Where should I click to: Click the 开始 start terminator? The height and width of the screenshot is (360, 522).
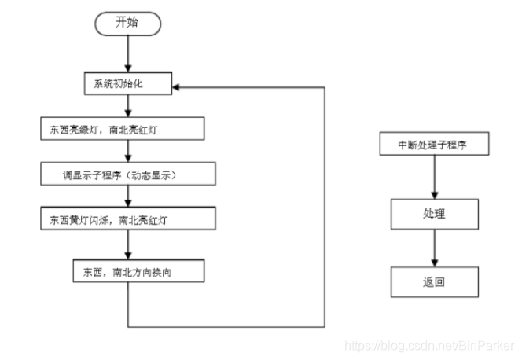click(128, 24)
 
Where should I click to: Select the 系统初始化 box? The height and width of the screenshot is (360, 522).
click(128, 83)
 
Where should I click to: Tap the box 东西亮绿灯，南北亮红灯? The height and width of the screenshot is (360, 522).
click(123, 128)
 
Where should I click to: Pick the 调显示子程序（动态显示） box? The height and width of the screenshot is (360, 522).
click(128, 174)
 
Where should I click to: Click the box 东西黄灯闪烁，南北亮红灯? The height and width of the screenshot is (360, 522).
click(128, 219)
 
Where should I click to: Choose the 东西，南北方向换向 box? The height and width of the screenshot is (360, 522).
click(139, 271)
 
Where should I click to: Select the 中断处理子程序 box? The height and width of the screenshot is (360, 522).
click(435, 144)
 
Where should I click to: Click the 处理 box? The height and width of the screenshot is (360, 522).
click(435, 215)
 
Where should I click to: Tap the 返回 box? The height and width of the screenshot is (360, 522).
click(435, 282)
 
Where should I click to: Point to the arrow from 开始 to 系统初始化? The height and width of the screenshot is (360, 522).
click(128, 53)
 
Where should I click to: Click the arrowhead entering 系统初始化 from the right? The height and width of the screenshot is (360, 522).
click(176, 87)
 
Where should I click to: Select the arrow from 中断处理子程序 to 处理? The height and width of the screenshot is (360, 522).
click(435, 177)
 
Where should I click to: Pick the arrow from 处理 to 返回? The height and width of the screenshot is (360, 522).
click(435, 248)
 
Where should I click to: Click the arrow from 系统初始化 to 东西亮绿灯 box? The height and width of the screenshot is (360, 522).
click(128, 106)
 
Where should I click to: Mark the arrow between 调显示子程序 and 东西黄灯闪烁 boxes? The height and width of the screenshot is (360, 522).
click(128, 196)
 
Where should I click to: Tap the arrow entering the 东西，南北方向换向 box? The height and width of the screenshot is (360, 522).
click(128, 244)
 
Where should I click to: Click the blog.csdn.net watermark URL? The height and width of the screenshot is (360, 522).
click(429, 346)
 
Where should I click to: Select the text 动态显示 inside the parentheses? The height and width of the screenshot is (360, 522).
click(152, 175)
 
